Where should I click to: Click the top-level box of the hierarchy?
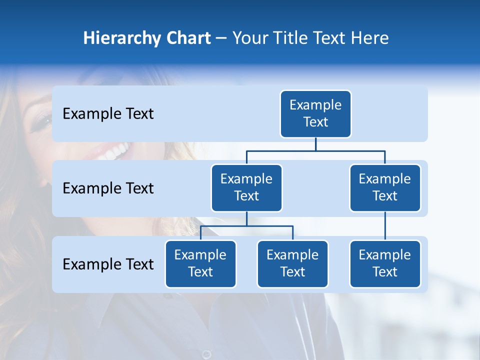315,114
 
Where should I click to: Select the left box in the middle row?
246,188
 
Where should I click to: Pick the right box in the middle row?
385,188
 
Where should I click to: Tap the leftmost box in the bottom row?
200,264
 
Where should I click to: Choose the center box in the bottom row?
292,264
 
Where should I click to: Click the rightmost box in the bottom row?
385,264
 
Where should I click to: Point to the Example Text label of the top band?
108,114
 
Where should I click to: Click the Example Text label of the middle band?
108,188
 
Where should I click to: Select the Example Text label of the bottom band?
108,264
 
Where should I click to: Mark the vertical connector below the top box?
315,144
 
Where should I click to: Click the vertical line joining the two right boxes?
385,226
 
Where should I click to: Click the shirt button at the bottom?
206,354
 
